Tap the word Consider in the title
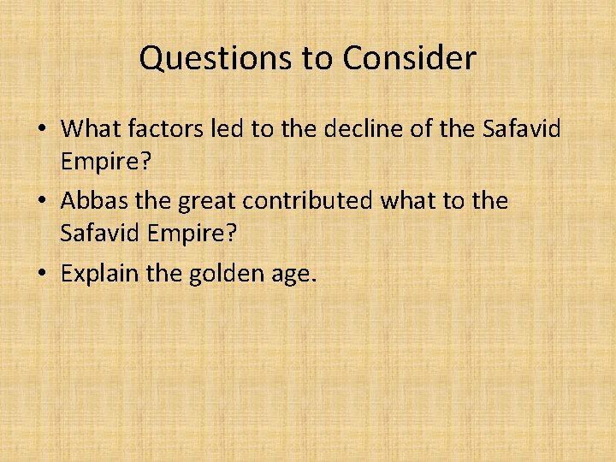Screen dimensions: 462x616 pos(409,58)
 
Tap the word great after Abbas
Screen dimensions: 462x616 pos(205,201)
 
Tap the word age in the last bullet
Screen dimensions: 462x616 pos(294,275)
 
